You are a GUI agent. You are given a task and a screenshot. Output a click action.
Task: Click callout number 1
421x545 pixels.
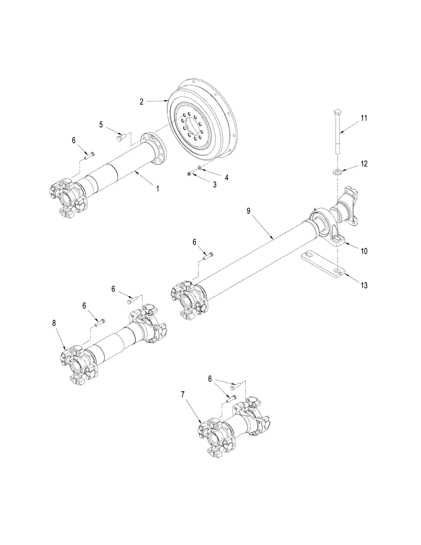(x=158, y=188)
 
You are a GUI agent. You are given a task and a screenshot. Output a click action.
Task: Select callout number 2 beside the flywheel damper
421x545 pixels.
(x=141, y=101)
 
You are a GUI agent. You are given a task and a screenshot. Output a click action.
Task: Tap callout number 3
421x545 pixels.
(x=214, y=185)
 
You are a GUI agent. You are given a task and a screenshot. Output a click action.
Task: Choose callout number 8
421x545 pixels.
(x=55, y=324)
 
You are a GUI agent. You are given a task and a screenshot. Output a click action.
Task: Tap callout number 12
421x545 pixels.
(x=364, y=163)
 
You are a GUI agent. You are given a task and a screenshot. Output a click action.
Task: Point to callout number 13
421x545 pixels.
(x=364, y=285)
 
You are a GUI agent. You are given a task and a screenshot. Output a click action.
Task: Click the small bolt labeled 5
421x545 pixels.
(x=122, y=138)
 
